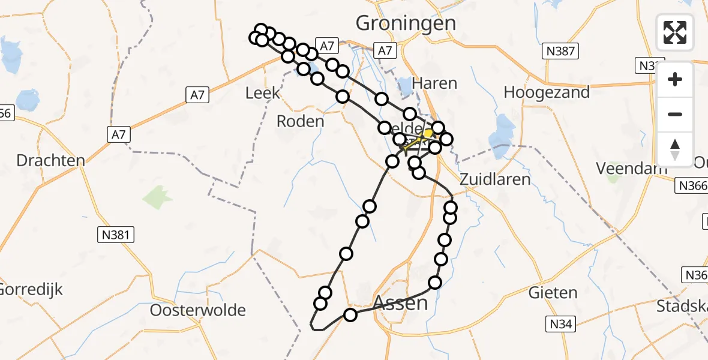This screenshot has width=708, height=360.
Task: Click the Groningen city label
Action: point(406,23)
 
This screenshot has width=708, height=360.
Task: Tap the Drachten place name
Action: point(50,161)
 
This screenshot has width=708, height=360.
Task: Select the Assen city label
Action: point(400,303)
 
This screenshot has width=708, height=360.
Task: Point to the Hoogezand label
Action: point(547,92)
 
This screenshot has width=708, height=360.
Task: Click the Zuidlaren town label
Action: point(495,179)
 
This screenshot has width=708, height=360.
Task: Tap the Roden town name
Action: point(300,121)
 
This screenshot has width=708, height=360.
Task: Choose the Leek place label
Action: point(263,93)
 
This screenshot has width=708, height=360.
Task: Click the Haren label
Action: point(435,83)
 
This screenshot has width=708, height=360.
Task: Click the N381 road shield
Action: point(116,235)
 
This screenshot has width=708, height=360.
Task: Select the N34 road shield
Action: point(561,325)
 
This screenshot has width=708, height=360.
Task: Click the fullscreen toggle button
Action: point(675,32)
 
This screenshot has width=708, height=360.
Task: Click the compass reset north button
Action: point(675,149)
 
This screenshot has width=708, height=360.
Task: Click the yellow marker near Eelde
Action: point(428,133)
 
